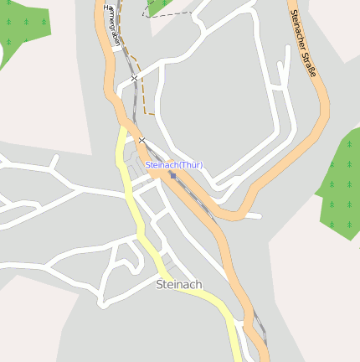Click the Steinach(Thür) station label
(174, 165)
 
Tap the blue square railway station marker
(172, 176)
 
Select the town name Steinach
(179, 285)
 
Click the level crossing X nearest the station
(142, 139)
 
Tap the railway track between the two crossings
(137, 109)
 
